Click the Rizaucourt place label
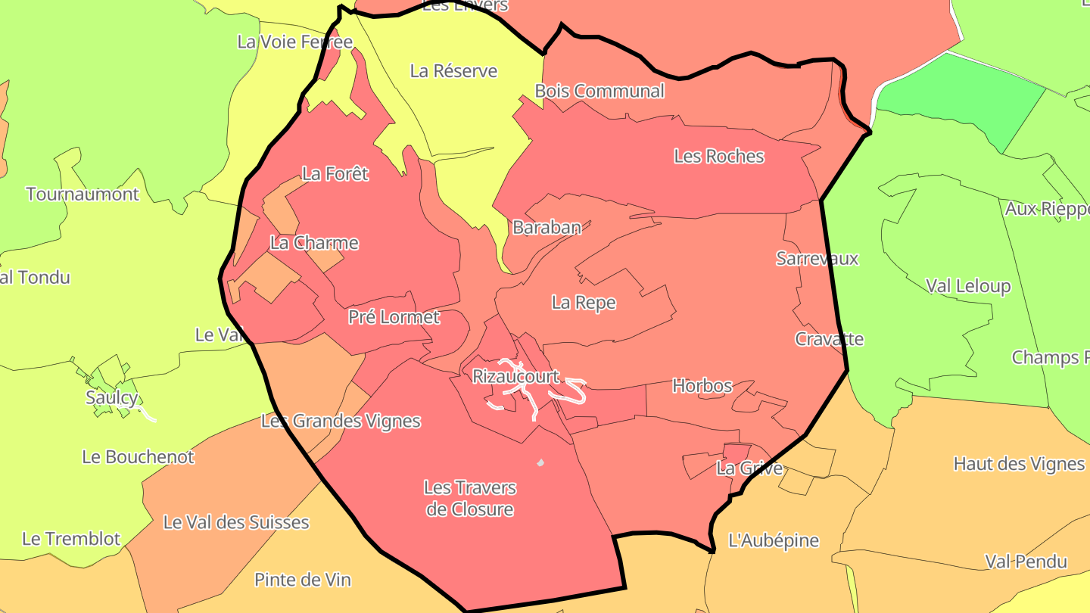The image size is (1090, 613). pos(515,376)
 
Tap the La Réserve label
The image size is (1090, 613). pos(453,71)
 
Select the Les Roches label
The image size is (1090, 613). pos(718,157)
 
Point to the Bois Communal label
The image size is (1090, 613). pos(599,92)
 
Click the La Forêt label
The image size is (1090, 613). pos(335,174)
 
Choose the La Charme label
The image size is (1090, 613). pos(314,244)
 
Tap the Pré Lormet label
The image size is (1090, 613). pos(394,317)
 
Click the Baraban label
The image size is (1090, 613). pos(547,228)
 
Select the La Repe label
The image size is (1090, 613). pos(583,303)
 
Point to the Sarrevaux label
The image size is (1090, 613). pos(817,259)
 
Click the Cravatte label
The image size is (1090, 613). pos(829,339)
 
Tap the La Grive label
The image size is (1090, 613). pos(749,468)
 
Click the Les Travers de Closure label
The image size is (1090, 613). pos(469,499)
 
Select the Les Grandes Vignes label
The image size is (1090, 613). pos(340,421)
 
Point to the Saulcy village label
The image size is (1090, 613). pos(111,398)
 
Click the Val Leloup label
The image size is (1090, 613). pos(967,287)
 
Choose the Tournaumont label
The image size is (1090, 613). pos(83,194)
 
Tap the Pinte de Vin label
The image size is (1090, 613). pos(302,580)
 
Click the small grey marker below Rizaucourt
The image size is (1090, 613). pos(540,462)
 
